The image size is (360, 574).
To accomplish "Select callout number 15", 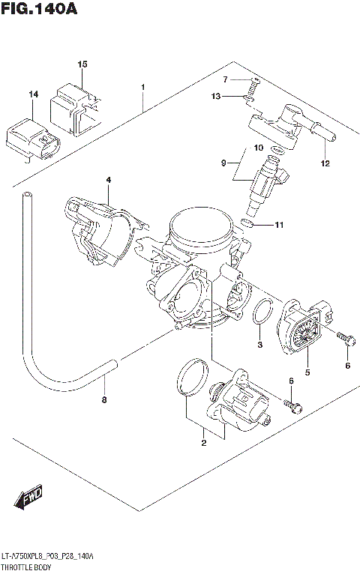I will [82, 64].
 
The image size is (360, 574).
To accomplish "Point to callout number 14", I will [33, 94].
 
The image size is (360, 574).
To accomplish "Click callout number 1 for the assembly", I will [142, 87].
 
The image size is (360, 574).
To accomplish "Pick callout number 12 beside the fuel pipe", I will [324, 163].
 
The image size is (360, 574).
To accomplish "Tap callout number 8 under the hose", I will [104, 399].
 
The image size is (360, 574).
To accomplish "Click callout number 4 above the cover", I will [108, 180].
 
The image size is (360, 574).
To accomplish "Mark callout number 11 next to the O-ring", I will [279, 225].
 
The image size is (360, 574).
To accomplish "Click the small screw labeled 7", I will [255, 80].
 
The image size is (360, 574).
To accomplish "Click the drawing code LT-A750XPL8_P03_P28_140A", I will [47, 558].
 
